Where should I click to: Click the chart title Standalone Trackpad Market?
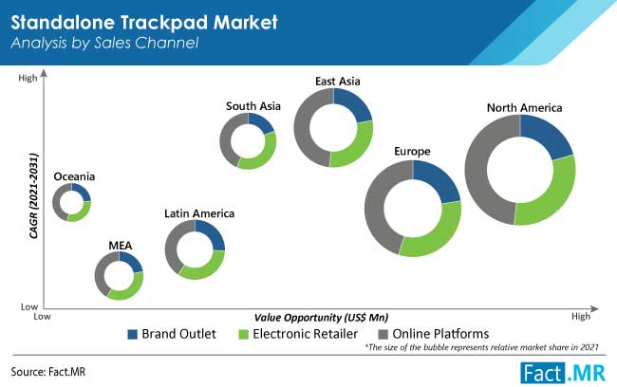click(x=144, y=22)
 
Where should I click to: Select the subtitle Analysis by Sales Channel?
click(x=104, y=43)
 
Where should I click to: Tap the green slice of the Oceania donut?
click(x=81, y=214)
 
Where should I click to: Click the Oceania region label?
click(x=74, y=176)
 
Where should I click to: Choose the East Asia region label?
click(x=338, y=82)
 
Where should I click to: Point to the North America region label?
click(x=525, y=108)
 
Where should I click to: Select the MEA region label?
click(x=120, y=246)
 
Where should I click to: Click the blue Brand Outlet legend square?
click(x=133, y=334)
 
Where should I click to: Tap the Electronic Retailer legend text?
click(x=305, y=334)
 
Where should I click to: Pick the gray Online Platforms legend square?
click(x=383, y=334)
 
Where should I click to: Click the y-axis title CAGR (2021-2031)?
click(x=34, y=195)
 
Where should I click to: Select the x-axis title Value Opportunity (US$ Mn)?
click(x=321, y=318)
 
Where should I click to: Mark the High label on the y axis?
click(x=28, y=79)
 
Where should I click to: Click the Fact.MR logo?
click(x=563, y=373)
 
